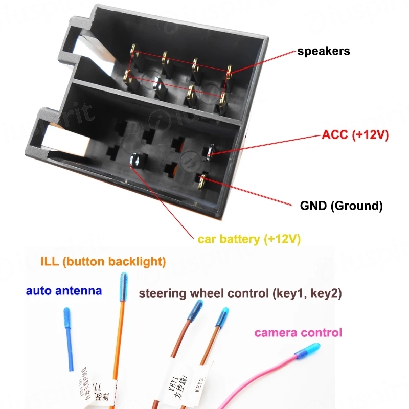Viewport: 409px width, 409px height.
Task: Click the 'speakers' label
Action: [x=324, y=51]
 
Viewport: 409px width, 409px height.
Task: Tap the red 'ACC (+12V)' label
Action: [x=355, y=135]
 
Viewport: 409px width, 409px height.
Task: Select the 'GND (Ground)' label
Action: [x=340, y=206]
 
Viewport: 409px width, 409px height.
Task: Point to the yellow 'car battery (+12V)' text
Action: [x=249, y=239]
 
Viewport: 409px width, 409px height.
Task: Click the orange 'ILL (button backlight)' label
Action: [x=103, y=262]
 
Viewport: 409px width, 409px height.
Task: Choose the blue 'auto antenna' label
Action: [x=63, y=291]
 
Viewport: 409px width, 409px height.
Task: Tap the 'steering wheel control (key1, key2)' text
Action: [x=240, y=293]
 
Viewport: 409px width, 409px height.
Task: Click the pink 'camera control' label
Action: [x=298, y=333]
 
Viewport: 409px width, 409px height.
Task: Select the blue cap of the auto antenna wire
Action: [x=66, y=317]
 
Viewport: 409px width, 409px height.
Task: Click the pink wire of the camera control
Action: [x=256, y=381]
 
